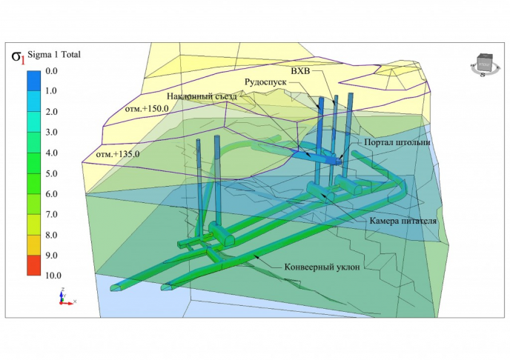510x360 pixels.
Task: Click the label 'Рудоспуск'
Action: pos(265,82)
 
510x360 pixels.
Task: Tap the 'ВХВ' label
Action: pos(300,71)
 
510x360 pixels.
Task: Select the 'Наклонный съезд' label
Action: pos(202,96)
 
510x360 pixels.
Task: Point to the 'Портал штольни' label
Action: pos(397,142)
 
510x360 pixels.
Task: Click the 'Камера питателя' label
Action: pos(403,221)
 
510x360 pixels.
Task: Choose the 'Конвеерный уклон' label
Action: pos(322,267)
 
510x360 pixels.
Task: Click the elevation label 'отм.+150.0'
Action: pos(147,109)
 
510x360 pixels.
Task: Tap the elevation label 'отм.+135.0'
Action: pos(118,154)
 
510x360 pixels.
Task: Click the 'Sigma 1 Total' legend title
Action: pos(54,55)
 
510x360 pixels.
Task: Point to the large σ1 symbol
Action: pos(19,56)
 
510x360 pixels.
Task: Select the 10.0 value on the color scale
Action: pos(53,276)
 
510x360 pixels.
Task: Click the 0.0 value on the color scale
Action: pos(51,70)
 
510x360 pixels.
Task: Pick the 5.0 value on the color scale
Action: pos(51,173)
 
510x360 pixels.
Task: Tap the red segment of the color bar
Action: pos(34,265)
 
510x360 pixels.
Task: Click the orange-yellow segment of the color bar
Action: pos(34,244)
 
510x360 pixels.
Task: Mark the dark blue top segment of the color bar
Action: pos(34,81)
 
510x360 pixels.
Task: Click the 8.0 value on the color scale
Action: pos(51,235)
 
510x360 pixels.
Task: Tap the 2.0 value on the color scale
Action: pos(51,112)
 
